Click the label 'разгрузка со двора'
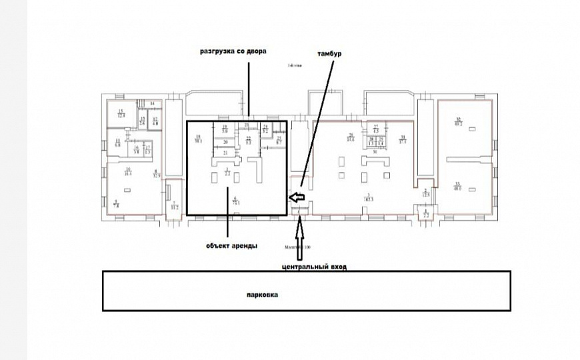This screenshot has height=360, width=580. pyautogui.click(x=233, y=51)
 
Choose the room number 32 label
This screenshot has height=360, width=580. pyautogui.click(x=458, y=121)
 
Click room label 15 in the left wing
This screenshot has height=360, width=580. pyautogui.click(x=121, y=113)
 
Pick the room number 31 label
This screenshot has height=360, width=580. pyautogui.click(x=402, y=138)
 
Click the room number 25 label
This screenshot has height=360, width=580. pyautogui.click(x=279, y=139)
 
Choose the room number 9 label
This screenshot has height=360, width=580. pyautogui.click(x=116, y=203)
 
